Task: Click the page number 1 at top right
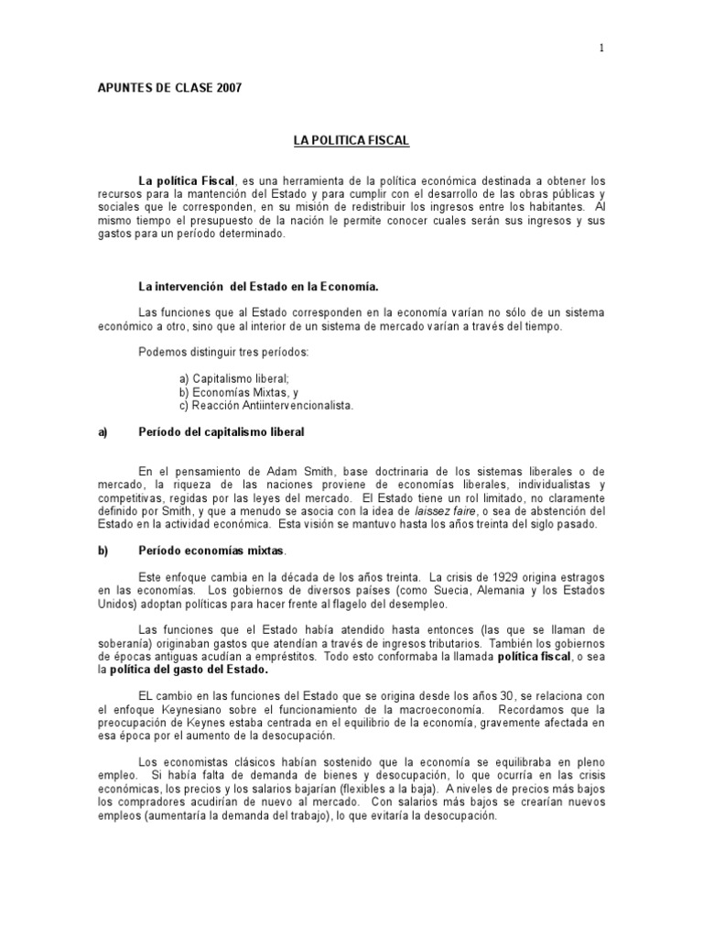tap(601, 49)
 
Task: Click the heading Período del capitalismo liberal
tap(221, 431)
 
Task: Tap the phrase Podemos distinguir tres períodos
tap(210, 352)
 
